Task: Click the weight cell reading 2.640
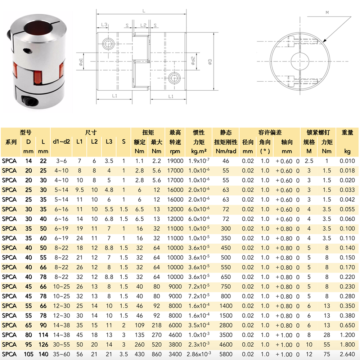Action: click(347, 354)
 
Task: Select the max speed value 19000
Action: click(175, 161)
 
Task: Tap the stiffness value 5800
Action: click(226, 354)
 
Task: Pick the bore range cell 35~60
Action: click(61, 354)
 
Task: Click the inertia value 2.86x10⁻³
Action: click(199, 354)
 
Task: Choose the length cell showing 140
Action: click(43, 354)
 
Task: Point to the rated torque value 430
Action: click(139, 354)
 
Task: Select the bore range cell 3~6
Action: click(61, 161)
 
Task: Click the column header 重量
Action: click(347, 132)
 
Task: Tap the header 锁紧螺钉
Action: click(318, 132)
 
